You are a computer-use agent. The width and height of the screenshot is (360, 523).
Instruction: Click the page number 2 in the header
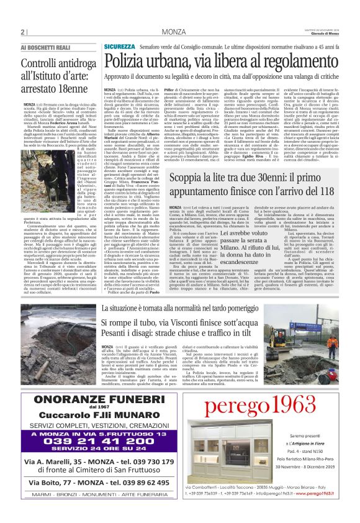[x=22, y=32]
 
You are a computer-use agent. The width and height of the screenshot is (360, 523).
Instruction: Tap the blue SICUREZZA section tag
[x=119, y=47]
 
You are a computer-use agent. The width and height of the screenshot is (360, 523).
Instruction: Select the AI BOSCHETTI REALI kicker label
[x=47, y=47]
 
